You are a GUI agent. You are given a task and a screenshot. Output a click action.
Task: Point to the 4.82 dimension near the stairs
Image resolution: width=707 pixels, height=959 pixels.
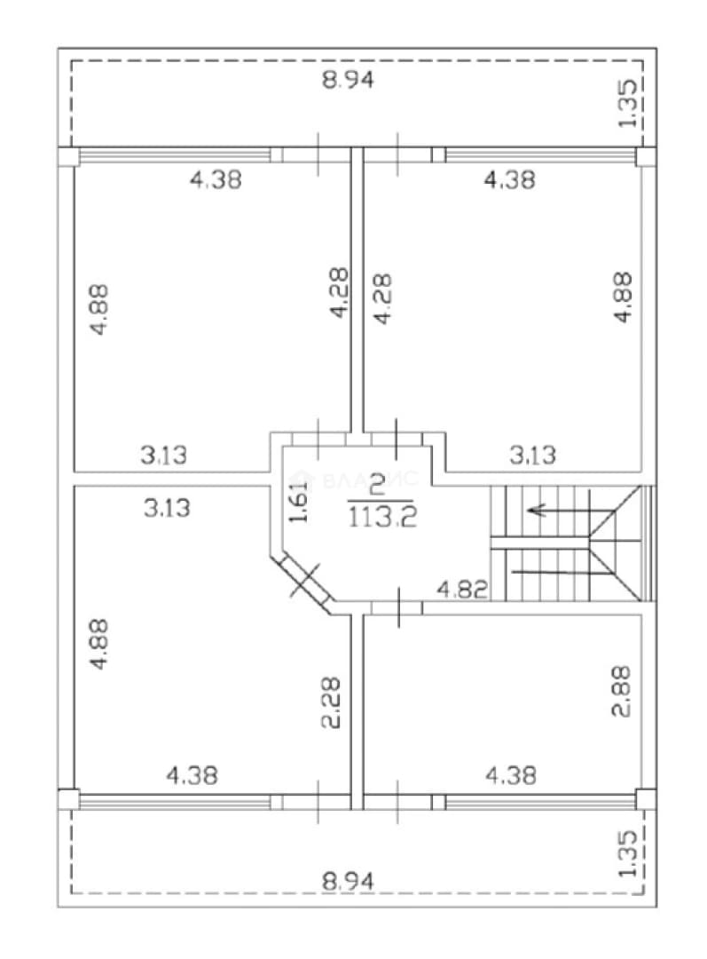pyautogui.click(x=462, y=590)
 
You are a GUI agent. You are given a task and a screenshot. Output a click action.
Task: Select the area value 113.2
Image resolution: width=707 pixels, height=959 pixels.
pyautogui.click(x=383, y=518)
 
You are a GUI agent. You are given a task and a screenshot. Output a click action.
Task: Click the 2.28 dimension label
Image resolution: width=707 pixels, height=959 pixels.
pyautogui.click(x=331, y=701)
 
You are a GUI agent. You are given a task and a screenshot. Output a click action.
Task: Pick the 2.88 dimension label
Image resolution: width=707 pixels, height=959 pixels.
pyautogui.click(x=622, y=691)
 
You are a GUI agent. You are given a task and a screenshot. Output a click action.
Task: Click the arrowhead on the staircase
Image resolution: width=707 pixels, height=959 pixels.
pyautogui.click(x=536, y=510)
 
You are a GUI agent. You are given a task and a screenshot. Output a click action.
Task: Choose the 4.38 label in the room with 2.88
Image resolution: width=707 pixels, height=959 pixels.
pyautogui.click(x=511, y=775)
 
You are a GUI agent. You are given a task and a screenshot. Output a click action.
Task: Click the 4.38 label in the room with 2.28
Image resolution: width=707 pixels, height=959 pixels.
pyautogui.click(x=192, y=775)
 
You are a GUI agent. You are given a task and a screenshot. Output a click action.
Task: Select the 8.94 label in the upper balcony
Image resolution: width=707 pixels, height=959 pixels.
pyautogui.click(x=348, y=80)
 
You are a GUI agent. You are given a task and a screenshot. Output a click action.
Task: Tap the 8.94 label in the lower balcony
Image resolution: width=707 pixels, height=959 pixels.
pyautogui.click(x=348, y=882)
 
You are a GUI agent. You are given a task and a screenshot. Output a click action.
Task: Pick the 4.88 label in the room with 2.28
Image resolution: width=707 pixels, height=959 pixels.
pyautogui.click(x=98, y=645)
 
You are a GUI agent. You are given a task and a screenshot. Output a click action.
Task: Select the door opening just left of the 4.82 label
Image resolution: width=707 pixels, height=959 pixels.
pyautogui.click(x=397, y=607)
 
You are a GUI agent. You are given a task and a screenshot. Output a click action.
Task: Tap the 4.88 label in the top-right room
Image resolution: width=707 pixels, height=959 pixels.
pyautogui.click(x=623, y=297)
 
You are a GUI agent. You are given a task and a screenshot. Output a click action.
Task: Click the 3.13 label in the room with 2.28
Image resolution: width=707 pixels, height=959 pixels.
pyautogui.click(x=167, y=508)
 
